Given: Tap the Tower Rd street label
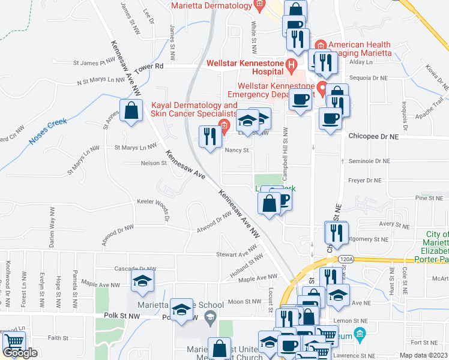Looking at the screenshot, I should click(x=149, y=67).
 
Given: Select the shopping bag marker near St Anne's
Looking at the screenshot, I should click(x=131, y=112).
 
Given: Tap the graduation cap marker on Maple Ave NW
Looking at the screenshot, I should click(x=143, y=281).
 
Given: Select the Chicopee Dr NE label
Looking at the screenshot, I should click(x=373, y=137).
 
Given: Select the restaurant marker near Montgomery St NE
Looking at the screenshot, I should click(x=336, y=233).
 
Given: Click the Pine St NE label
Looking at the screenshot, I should click(x=427, y=197).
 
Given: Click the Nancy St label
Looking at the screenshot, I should click(x=237, y=151).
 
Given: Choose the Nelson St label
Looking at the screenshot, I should click(x=153, y=163).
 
